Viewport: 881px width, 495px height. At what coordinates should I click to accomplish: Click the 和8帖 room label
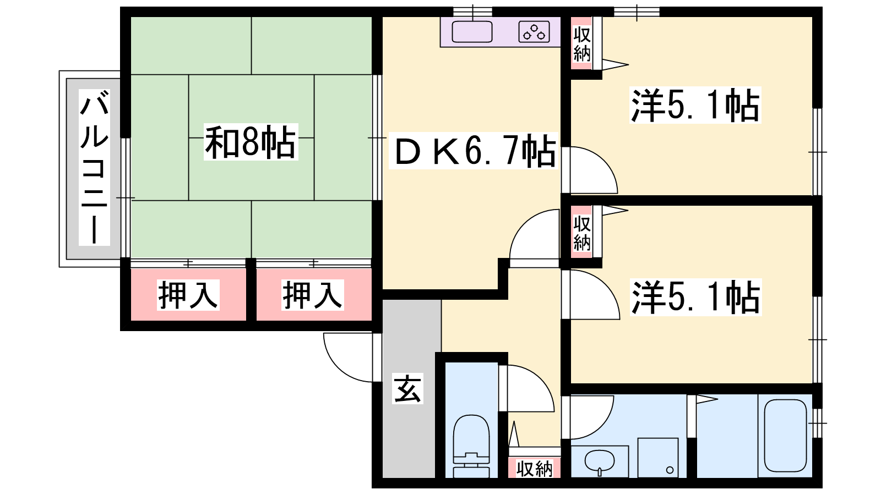pyautogui.click(x=251, y=142)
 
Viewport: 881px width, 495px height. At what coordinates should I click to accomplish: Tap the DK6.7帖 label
pyautogui.click(x=474, y=151)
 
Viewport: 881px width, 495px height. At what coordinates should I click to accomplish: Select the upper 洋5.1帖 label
pyautogui.click(x=695, y=105)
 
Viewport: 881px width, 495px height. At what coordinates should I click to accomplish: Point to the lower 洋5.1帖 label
pyautogui.click(x=695, y=298)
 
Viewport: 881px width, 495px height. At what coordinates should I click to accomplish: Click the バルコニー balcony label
pyautogui.click(x=94, y=167)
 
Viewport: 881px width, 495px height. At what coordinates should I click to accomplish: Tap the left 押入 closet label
pyautogui.click(x=188, y=295)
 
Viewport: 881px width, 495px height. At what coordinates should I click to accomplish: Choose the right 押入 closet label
pyautogui.click(x=312, y=295)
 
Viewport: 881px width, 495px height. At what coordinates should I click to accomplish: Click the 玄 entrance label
pyautogui.click(x=407, y=388)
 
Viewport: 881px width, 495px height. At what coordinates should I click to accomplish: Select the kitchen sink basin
pyautogui.click(x=472, y=32)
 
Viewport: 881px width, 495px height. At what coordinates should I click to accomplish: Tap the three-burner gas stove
pyautogui.click(x=534, y=32)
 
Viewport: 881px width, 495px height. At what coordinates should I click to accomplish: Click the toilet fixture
pyautogui.click(x=471, y=446)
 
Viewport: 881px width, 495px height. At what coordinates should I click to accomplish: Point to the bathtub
pyautogui.click(x=785, y=436)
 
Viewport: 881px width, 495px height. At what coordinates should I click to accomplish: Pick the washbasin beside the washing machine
pyautogui.click(x=600, y=461)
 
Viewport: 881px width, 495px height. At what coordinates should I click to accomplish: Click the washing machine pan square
pyautogui.click(x=658, y=458)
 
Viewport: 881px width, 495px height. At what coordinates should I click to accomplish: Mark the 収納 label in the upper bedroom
pyautogui.click(x=581, y=44)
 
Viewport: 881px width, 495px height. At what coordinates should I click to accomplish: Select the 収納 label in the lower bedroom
pyautogui.click(x=581, y=233)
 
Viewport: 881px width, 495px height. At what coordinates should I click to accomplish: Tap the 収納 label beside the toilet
pyautogui.click(x=534, y=469)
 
